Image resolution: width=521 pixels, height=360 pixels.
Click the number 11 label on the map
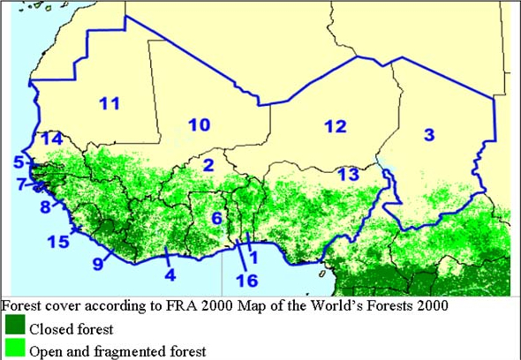coord(109,104)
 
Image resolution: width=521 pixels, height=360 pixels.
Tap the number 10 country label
coord(199,125)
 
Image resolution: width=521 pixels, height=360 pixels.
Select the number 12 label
coord(334,126)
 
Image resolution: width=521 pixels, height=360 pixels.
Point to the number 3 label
coord(429,134)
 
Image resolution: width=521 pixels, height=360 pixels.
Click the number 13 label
coord(349,174)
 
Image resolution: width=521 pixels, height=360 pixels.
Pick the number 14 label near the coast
coord(51,139)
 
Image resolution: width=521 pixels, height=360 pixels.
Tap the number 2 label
coord(208,165)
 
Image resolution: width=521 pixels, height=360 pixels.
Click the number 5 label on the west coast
coord(18,161)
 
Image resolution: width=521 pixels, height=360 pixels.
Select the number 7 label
coord(20,184)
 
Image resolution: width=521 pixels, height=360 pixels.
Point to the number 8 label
coord(45,207)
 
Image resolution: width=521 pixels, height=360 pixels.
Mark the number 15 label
coord(58,242)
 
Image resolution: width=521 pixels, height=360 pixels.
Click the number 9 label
coord(98,262)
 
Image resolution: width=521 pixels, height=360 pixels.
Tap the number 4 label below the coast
coord(170,274)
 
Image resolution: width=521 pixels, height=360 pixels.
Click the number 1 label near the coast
coord(253,258)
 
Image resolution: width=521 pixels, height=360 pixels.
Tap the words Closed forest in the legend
coord(71,330)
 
